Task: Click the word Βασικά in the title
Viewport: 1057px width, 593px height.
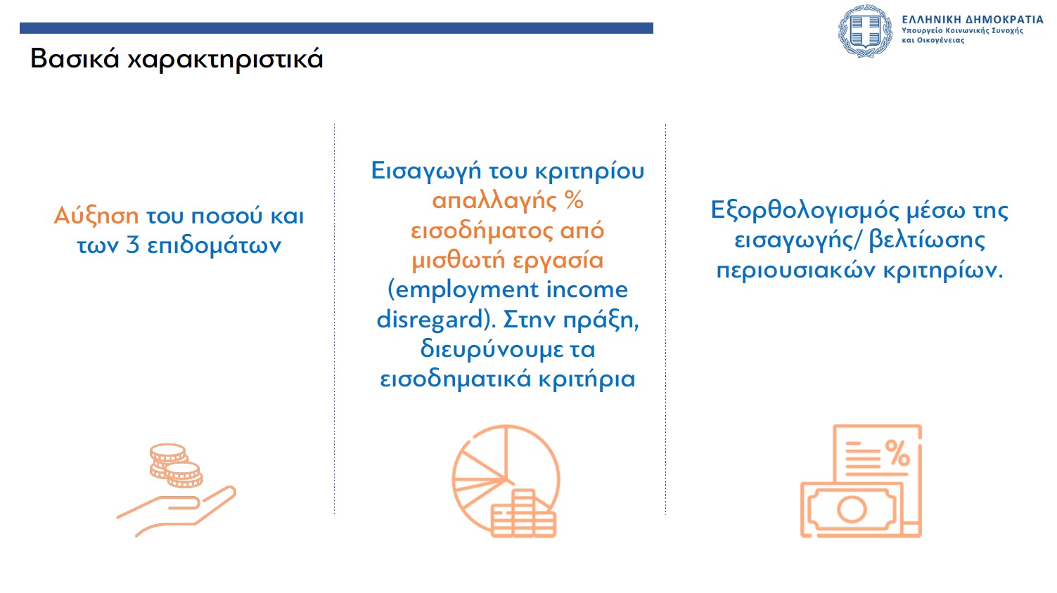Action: point(75,59)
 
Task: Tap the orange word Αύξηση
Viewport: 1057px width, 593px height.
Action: point(96,216)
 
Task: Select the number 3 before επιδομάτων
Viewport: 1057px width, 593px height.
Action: point(133,246)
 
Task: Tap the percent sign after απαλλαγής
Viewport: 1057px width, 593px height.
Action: point(574,200)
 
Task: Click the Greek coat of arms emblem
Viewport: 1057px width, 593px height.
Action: point(865,31)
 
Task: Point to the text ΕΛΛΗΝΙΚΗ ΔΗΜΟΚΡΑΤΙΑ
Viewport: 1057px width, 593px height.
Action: point(973,20)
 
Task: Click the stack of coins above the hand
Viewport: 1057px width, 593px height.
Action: point(176,465)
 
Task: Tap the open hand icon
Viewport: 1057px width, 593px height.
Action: point(176,511)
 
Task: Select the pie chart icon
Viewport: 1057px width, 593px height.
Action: point(506,481)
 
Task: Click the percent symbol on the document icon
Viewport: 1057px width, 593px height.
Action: point(897,453)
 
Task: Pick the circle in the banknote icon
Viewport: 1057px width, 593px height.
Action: point(852,509)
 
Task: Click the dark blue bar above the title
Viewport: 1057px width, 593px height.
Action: point(336,28)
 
